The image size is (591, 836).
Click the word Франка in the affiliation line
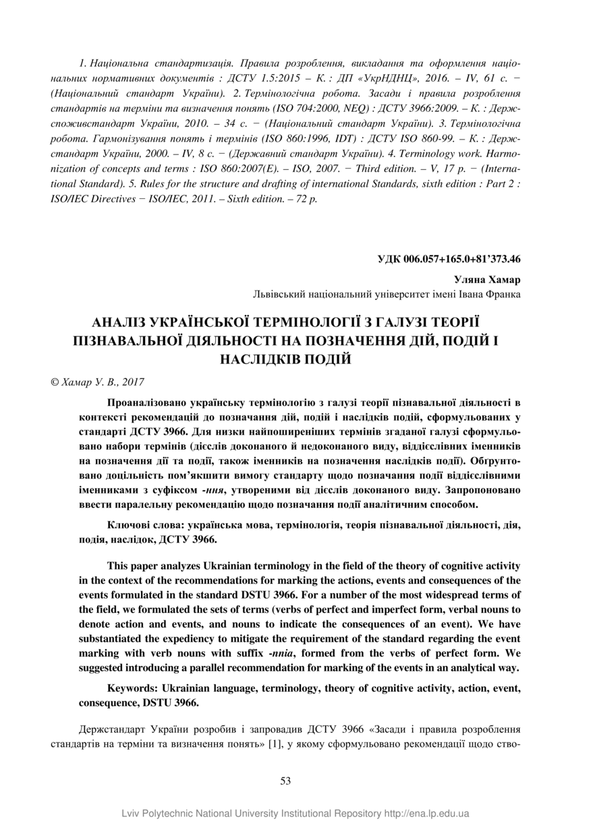point(503,294)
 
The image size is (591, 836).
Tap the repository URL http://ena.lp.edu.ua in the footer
point(426,814)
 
